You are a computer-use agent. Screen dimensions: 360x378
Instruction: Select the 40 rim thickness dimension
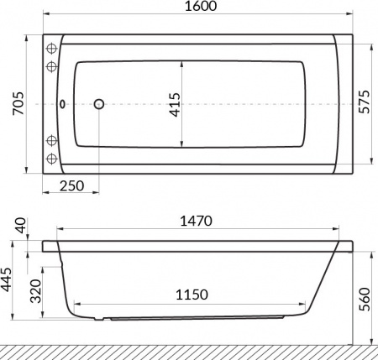tap(20, 226)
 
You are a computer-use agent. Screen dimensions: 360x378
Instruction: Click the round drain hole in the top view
tap(99, 104)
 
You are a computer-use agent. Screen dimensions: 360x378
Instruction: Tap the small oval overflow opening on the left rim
tap(65, 105)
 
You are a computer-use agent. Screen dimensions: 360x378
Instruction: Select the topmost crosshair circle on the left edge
tap(51, 46)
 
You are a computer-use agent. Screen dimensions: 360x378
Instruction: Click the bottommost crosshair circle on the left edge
tap(51, 159)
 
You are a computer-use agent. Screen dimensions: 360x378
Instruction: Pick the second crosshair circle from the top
tap(51, 65)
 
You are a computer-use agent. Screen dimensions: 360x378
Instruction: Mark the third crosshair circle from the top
tap(51, 139)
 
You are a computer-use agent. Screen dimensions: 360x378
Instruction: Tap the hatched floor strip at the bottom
tap(189, 351)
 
